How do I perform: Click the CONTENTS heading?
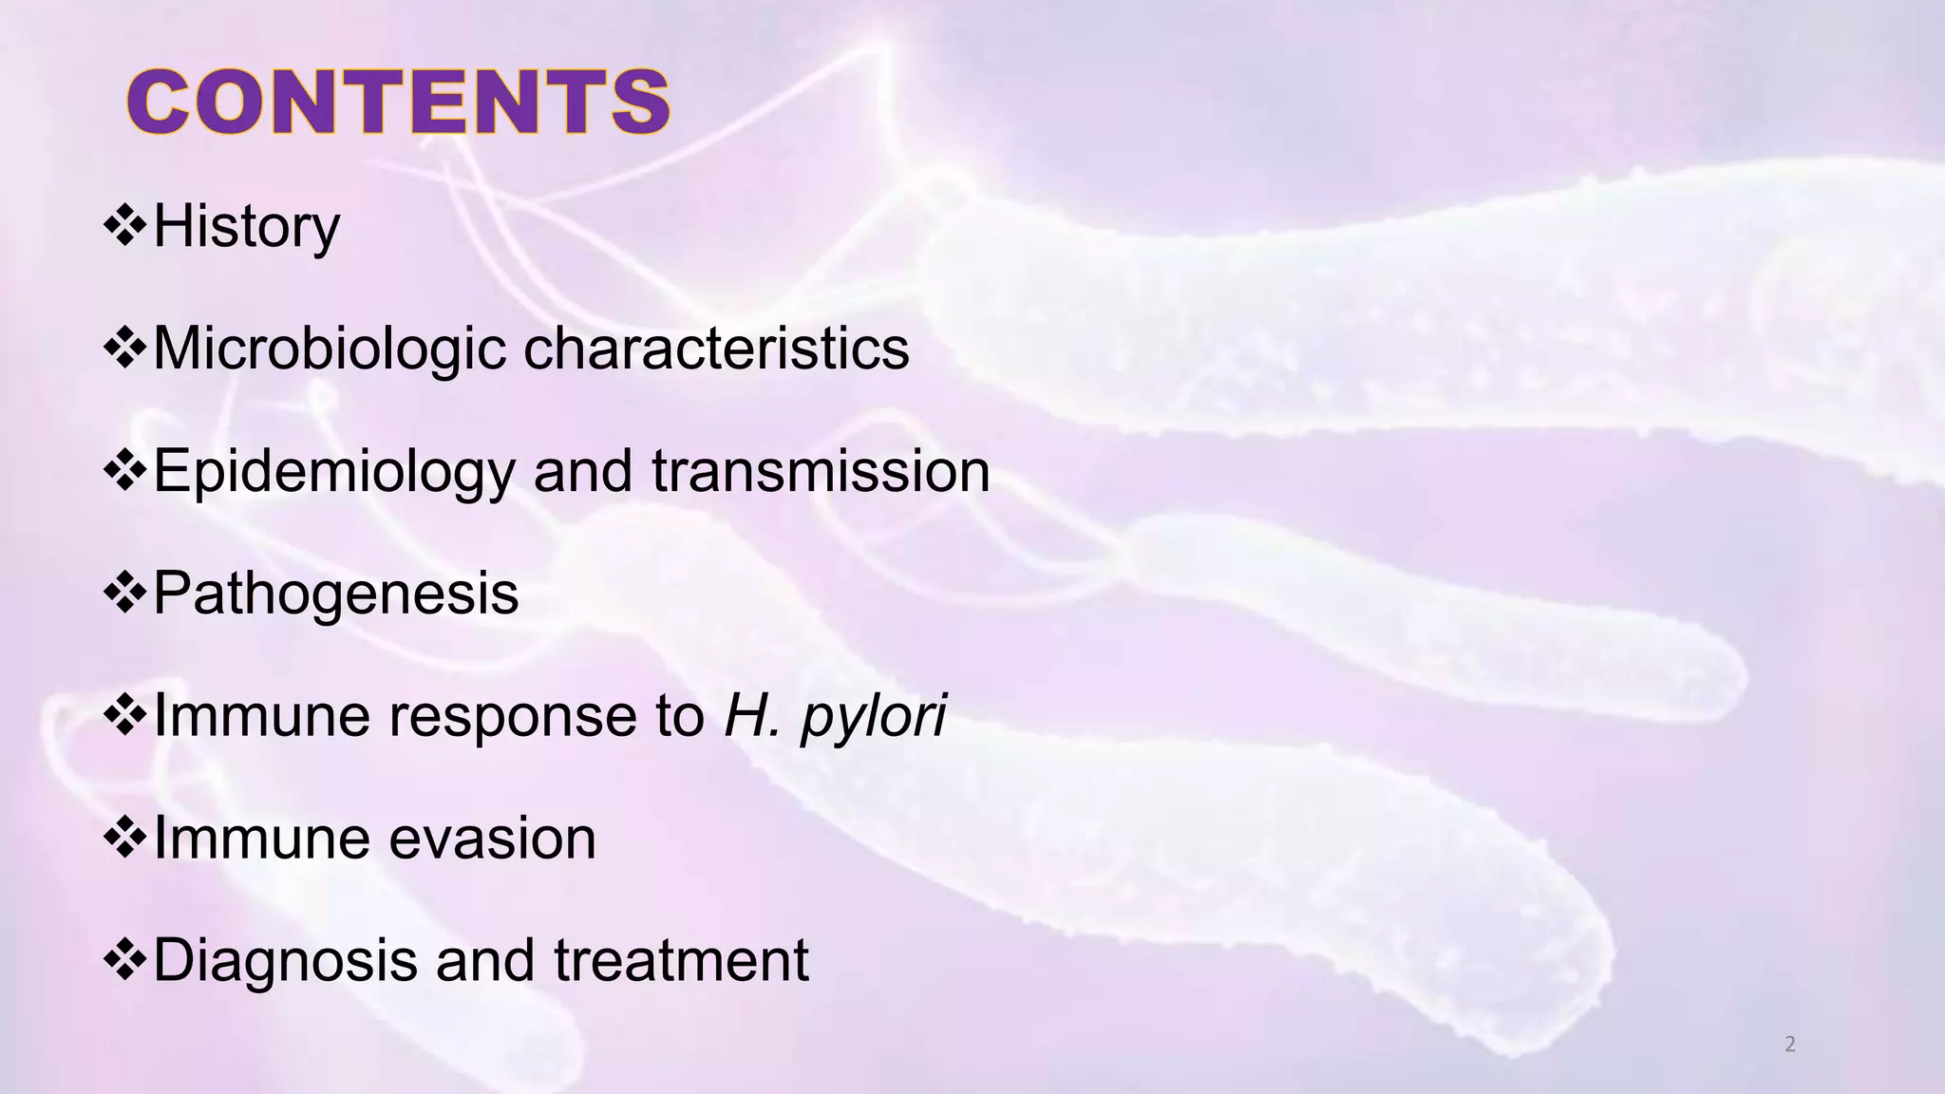pos(399,103)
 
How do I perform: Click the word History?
pos(246,226)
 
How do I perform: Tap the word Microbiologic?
pos(329,349)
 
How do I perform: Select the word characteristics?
pos(716,348)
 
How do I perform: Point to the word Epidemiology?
pos(333,472)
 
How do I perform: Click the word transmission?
pos(821,471)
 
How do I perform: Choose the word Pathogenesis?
pos(335,594)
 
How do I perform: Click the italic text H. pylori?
pos(835,716)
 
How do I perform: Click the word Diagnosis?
pos(284,961)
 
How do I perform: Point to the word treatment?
pos(681,960)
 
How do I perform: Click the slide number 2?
pos(1790,1045)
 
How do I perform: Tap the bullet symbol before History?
pos(124,226)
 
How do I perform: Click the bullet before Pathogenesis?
pos(124,594)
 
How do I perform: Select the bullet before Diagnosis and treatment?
pos(124,960)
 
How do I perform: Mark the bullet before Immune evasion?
pos(124,838)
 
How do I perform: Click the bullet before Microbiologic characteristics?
pos(124,349)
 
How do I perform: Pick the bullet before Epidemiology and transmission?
pos(124,471)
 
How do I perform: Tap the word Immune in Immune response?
pos(260,716)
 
